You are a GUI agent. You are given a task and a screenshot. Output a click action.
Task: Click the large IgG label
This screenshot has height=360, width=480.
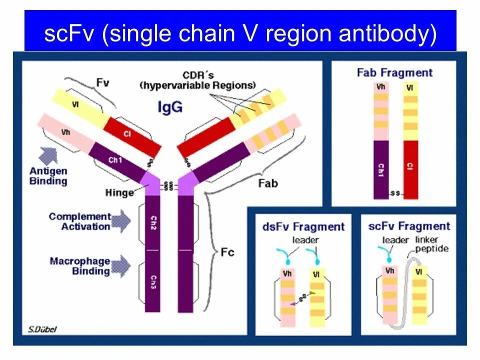pyautogui.click(x=170, y=107)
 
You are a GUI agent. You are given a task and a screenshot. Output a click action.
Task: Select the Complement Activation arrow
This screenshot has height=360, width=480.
pyautogui.click(x=120, y=221)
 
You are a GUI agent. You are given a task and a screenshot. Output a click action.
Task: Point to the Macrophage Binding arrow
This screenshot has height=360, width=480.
pyautogui.click(x=120, y=265)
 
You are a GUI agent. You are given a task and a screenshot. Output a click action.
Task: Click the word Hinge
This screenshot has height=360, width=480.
pyautogui.click(x=119, y=192)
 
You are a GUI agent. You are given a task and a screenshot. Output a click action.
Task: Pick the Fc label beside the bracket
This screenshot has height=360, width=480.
pyautogui.click(x=227, y=252)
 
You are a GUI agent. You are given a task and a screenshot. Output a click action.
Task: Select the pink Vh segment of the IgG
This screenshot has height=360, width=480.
pyautogui.click(x=65, y=133)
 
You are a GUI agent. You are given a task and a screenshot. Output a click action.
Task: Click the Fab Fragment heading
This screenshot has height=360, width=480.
pyautogui.click(x=394, y=73)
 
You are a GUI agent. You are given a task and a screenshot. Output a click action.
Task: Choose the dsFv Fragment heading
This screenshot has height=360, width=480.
pyautogui.click(x=303, y=227)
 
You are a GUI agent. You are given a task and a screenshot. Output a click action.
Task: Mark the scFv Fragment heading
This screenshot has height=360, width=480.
pyautogui.click(x=409, y=226)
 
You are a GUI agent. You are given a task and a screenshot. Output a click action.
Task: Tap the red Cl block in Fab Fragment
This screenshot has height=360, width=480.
pyautogui.click(x=410, y=169)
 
